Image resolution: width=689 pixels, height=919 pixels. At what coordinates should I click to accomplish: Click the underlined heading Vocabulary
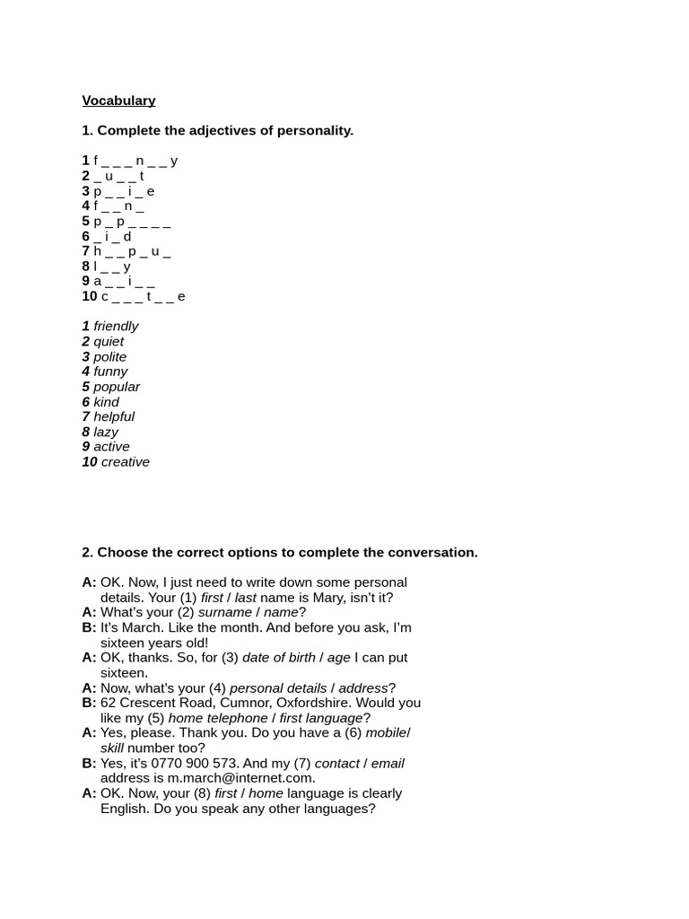click(x=118, y=101)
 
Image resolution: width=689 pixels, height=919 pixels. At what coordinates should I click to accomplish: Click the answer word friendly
click(x=116, y=326)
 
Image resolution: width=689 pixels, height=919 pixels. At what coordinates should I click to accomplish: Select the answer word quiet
click(x=109, y=341)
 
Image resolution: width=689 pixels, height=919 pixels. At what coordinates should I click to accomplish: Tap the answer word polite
click(x=110, y=356)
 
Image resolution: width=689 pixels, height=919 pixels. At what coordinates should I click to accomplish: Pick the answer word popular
click(x=117, y=387)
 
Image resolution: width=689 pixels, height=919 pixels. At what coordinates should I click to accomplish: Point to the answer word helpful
click(x=114, y=416)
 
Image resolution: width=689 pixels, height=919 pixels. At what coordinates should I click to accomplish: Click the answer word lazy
click(x=106, y=432)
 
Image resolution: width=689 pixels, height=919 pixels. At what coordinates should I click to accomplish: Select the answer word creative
click(x=125, y=461)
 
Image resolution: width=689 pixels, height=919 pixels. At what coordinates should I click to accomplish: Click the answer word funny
click(x=110, y=372)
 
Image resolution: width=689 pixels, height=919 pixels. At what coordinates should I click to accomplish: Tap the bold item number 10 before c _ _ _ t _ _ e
click(x=90, y=296)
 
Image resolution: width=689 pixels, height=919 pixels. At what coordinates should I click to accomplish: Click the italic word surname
click(x=224, y=612)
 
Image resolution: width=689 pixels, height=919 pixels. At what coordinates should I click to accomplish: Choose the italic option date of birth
click(x=278, y=657)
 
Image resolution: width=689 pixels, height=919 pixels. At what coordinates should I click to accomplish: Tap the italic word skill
click(x=111, y=748)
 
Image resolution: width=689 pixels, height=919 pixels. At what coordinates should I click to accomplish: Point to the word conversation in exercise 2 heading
click(x=434, y=552)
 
